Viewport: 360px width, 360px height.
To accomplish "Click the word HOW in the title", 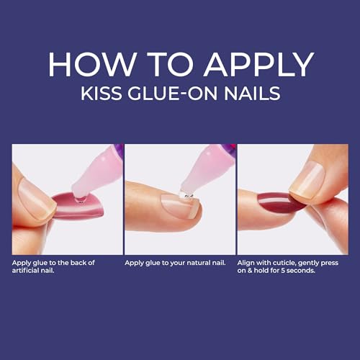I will [85, 66].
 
